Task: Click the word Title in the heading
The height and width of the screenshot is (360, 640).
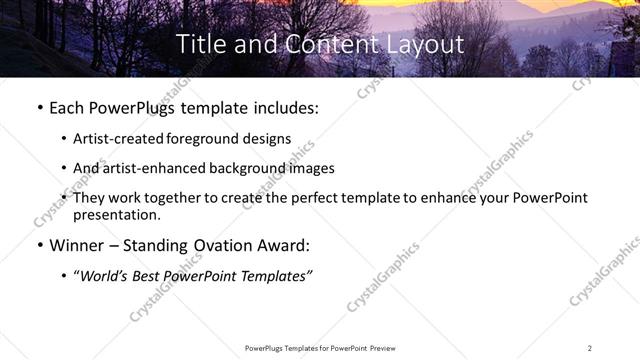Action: tap(200, 44)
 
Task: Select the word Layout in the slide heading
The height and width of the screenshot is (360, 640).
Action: tap(428, 44)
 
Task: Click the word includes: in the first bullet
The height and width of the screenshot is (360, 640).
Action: tap(282, 106)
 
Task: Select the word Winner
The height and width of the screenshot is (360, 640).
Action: tap(79, 245)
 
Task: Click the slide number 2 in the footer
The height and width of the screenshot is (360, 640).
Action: tap(589, 348)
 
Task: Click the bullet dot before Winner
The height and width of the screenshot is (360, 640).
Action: tap(38, 245)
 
